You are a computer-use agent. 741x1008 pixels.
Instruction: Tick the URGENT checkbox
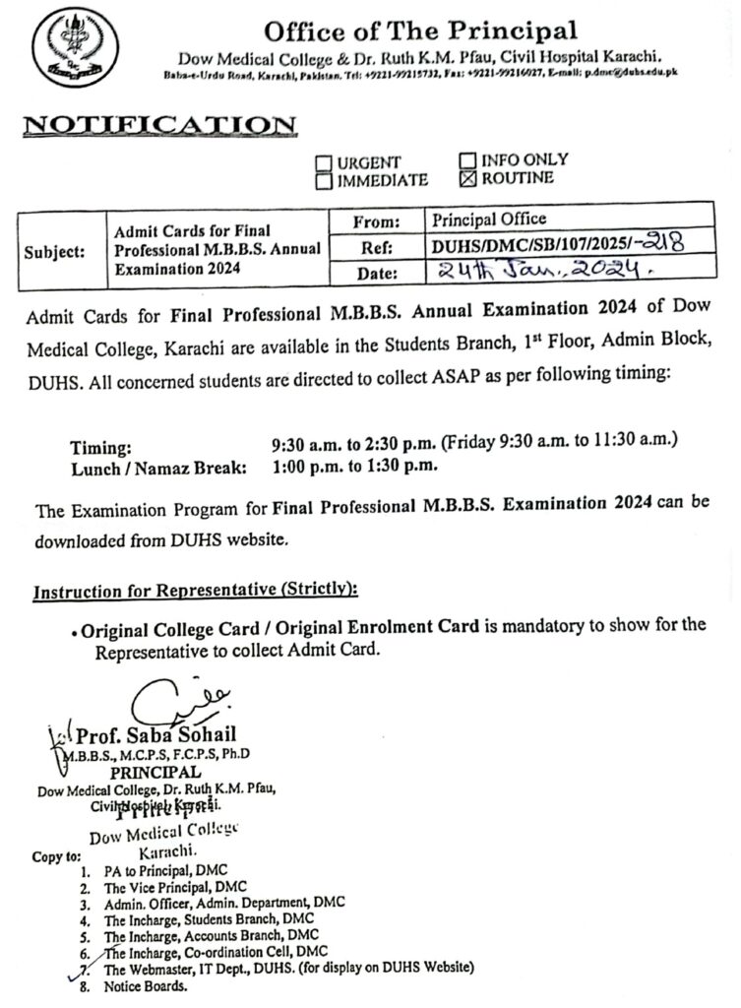point(325,162)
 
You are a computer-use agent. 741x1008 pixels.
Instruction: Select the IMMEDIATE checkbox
point(325,180)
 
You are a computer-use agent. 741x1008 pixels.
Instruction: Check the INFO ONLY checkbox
point(467,159)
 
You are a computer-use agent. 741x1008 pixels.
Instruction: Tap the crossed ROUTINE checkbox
point(467,178)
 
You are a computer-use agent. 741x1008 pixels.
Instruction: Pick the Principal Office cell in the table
point(488,219)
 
